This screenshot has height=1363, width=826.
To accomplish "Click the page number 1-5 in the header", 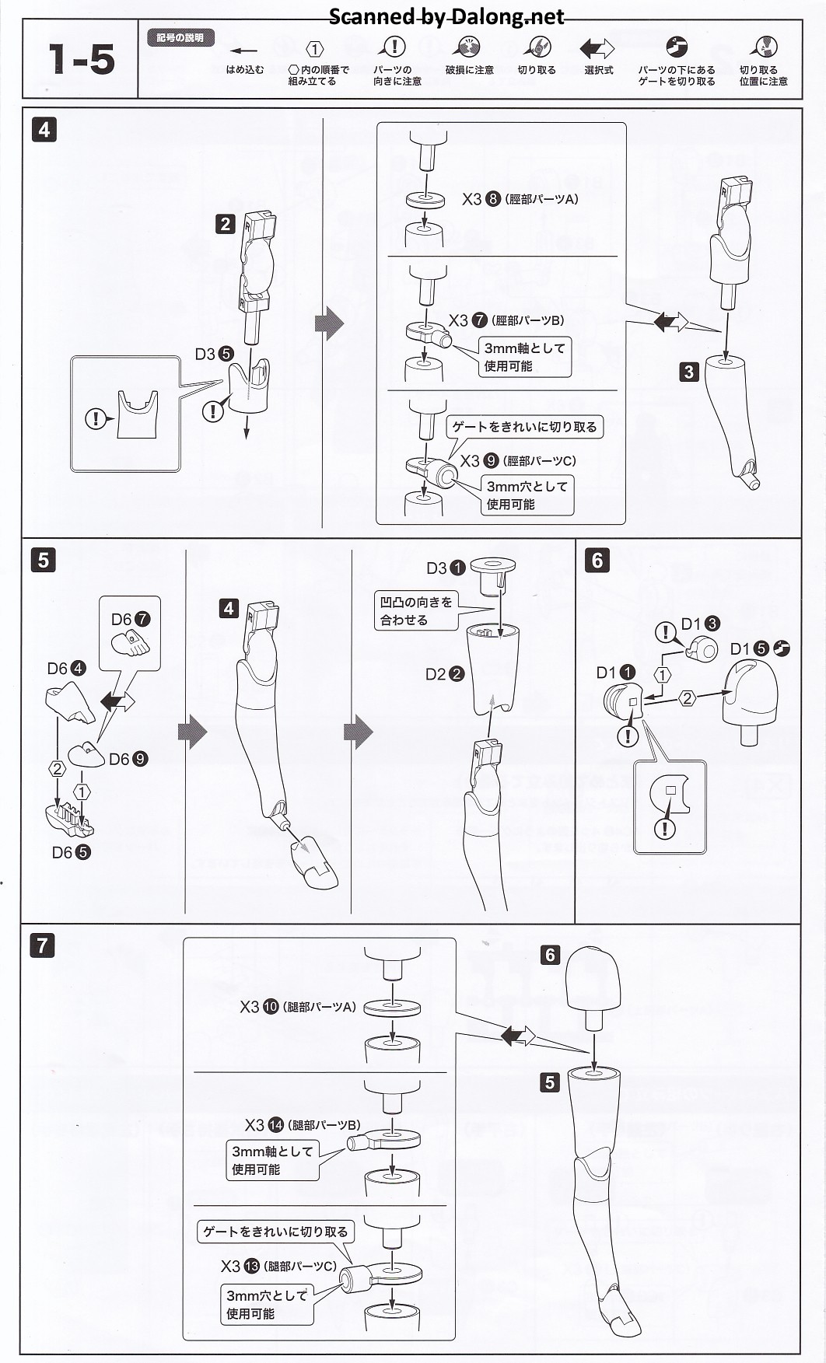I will [x=81, y=59].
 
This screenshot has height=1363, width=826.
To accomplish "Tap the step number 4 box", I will [x=44, y=129].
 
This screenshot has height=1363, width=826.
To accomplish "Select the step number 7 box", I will [x=42, y=945].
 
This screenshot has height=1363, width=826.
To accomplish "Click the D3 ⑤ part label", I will [x=214, y=354].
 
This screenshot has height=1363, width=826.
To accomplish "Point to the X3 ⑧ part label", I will [x=481, y=199].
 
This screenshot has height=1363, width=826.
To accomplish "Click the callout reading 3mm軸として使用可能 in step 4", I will [x=524, y=357].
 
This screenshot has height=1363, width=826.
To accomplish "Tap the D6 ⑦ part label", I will [x=131, y=620].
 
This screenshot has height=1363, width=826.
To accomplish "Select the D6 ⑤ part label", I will [x=71, y=852].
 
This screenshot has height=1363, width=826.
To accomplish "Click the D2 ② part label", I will [x=445, y=674].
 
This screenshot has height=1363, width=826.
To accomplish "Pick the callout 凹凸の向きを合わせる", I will [x=415, y=611].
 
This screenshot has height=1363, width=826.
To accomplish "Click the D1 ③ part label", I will [x=700, y=624].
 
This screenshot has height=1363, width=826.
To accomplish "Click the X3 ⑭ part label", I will [x=264, y=1125].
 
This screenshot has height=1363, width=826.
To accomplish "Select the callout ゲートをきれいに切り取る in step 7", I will [x=275, y=1232].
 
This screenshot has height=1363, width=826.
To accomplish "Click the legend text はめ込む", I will [x=245, y=70].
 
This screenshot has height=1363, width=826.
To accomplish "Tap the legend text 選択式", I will [x=598, y=70].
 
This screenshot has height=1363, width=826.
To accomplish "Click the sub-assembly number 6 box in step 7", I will [x=551, y=955].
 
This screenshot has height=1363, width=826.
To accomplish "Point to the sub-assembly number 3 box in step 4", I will [x=688, y=372].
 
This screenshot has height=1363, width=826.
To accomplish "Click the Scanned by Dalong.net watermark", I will [x=446, y=17].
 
